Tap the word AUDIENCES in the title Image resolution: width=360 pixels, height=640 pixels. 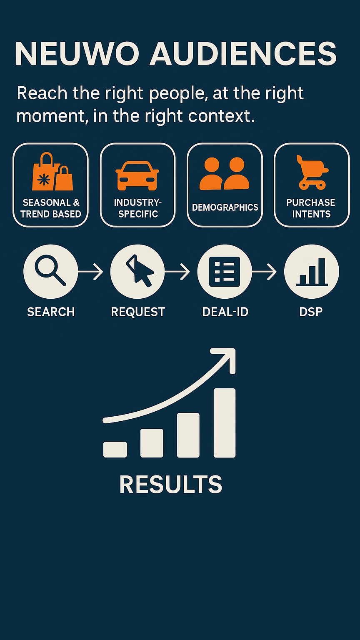tap(243, 54)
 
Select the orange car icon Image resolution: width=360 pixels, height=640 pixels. tap(137, 175)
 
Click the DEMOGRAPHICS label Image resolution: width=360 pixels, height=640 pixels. tap(225, 207)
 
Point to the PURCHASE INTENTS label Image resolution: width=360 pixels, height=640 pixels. tap(311, 208)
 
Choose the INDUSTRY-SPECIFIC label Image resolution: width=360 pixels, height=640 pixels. tap(138, 208)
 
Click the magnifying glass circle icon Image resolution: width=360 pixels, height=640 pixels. tap(50, 272)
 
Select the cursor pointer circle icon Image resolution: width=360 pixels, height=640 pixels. tap(137, 272)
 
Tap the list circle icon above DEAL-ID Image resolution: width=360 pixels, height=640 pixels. tap(225, 272)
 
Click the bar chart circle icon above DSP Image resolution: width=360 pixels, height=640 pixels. tap(312, 272)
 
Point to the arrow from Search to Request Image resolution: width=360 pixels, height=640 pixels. tap(90, 272)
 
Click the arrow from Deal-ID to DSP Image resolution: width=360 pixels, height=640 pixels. tap(264, 272)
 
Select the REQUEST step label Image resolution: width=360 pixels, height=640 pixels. tap(138, 312)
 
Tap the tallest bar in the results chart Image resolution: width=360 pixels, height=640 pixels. tap(225, 423)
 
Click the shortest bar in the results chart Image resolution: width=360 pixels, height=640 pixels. tap(115, 450)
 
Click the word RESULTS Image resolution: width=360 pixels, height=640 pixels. tap(171, 485)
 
